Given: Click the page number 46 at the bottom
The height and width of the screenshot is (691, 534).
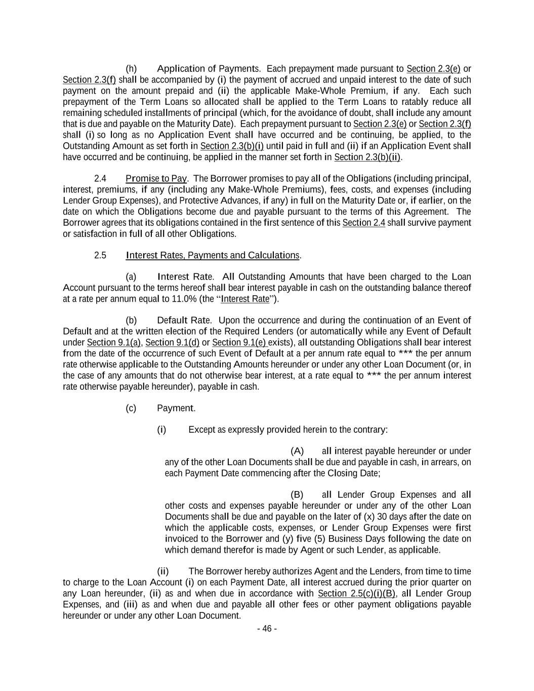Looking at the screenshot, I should click(267, 629).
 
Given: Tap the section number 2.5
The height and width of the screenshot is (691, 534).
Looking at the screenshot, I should click(100, 255).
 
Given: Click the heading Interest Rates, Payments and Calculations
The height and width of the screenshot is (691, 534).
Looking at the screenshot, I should click(213, 255).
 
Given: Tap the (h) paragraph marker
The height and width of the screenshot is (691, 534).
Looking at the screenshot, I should click(131, 69).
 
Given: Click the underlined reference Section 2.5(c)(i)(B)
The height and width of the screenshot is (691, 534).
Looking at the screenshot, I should click(357, 594).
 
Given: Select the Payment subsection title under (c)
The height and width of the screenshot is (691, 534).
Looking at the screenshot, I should click(176, 409).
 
